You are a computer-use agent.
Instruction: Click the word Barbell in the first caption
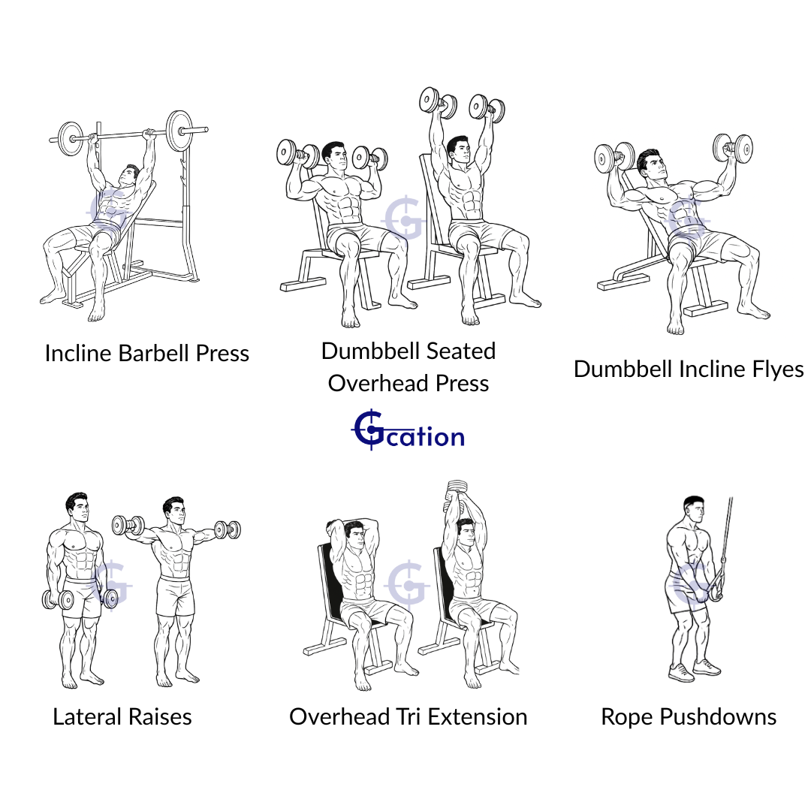coord(155,354)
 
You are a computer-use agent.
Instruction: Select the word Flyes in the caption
coord(777,369)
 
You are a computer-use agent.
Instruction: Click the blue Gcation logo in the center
coord(408,430)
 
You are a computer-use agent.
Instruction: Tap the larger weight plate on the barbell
coord(179,131)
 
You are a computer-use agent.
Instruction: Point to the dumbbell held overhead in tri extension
coord(457,488)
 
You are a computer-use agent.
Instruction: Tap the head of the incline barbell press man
coord(129,175)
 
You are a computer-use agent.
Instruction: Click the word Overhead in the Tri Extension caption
coord(339,717)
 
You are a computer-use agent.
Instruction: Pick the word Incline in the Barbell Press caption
coord(79,354)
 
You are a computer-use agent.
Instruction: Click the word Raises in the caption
coord(160,717)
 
